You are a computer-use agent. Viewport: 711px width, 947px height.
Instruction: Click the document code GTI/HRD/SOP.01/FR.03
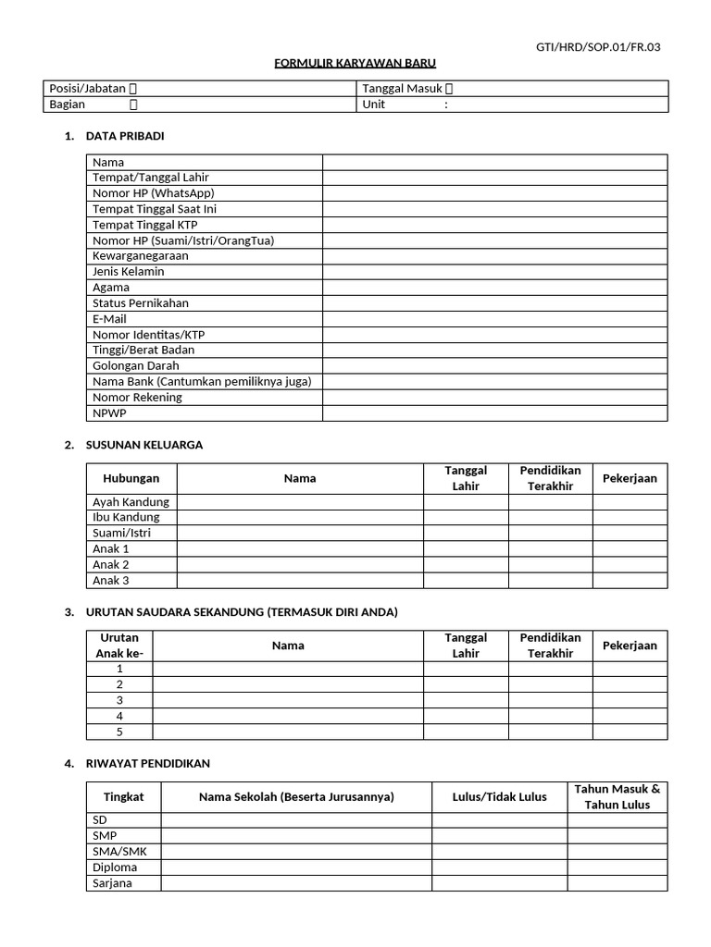(599, 47)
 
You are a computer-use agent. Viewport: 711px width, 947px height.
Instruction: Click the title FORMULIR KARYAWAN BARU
(355, 63)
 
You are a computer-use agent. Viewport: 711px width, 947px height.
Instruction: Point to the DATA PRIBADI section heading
(125, 136)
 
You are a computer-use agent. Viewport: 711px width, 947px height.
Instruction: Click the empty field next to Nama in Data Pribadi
(494, 162)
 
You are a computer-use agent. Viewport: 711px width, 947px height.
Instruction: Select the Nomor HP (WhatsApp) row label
(153, 193)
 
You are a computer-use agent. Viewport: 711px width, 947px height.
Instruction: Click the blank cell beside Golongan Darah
(494, 366)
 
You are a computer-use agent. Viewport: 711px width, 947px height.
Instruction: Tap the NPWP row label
(109, 413)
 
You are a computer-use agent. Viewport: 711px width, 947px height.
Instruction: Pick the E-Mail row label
(109, 319)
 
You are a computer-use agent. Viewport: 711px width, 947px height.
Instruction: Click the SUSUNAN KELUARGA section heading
(143, 445)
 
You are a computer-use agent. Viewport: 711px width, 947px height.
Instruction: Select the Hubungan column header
(131, 478)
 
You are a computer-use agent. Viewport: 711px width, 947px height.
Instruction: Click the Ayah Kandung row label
(131, 502)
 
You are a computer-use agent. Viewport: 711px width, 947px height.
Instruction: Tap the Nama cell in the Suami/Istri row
(300, 534)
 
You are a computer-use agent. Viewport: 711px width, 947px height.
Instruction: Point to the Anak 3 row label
(111, 581)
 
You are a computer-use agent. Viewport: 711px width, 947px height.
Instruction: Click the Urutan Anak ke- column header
(119, 646)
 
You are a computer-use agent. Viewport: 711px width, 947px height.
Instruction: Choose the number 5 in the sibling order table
(119, 732)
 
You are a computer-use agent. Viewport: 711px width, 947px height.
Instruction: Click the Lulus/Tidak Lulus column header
(499, 796)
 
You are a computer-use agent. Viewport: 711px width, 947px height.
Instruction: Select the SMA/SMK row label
(114, 852)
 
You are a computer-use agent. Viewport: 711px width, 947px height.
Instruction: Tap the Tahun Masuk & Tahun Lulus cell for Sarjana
(617, 883)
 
